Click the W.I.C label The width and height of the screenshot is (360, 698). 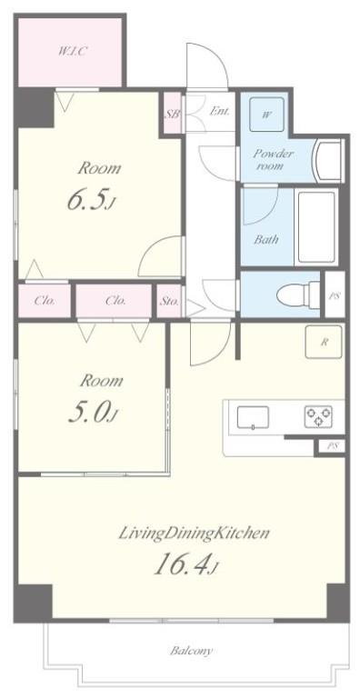[72, 50]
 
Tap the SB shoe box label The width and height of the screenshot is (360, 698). [173, 114]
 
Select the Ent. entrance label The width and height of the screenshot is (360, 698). [220, 111]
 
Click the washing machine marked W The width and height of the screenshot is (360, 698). [266, 115]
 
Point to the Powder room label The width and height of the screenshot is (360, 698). [274, 160]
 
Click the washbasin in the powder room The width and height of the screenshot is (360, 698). [329, 160]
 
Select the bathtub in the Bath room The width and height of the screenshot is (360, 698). [315, 227]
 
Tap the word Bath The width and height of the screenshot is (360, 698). [266, 240]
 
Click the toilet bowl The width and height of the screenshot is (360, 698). [298, 294]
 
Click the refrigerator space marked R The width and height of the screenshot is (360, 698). [324, 342]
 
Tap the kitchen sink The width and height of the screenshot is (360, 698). [253, 417]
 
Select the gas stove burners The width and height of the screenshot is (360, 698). [318, 416]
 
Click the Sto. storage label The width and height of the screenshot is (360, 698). [169, 301]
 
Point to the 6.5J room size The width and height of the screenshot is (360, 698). [92, 201]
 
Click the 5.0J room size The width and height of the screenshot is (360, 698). [93, 414]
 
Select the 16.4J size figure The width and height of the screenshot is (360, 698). [185, 566]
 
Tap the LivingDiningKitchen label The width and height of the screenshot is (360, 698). [194, 533]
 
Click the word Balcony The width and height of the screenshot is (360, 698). [191, 651]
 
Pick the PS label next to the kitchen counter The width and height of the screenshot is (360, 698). [332, 447]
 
